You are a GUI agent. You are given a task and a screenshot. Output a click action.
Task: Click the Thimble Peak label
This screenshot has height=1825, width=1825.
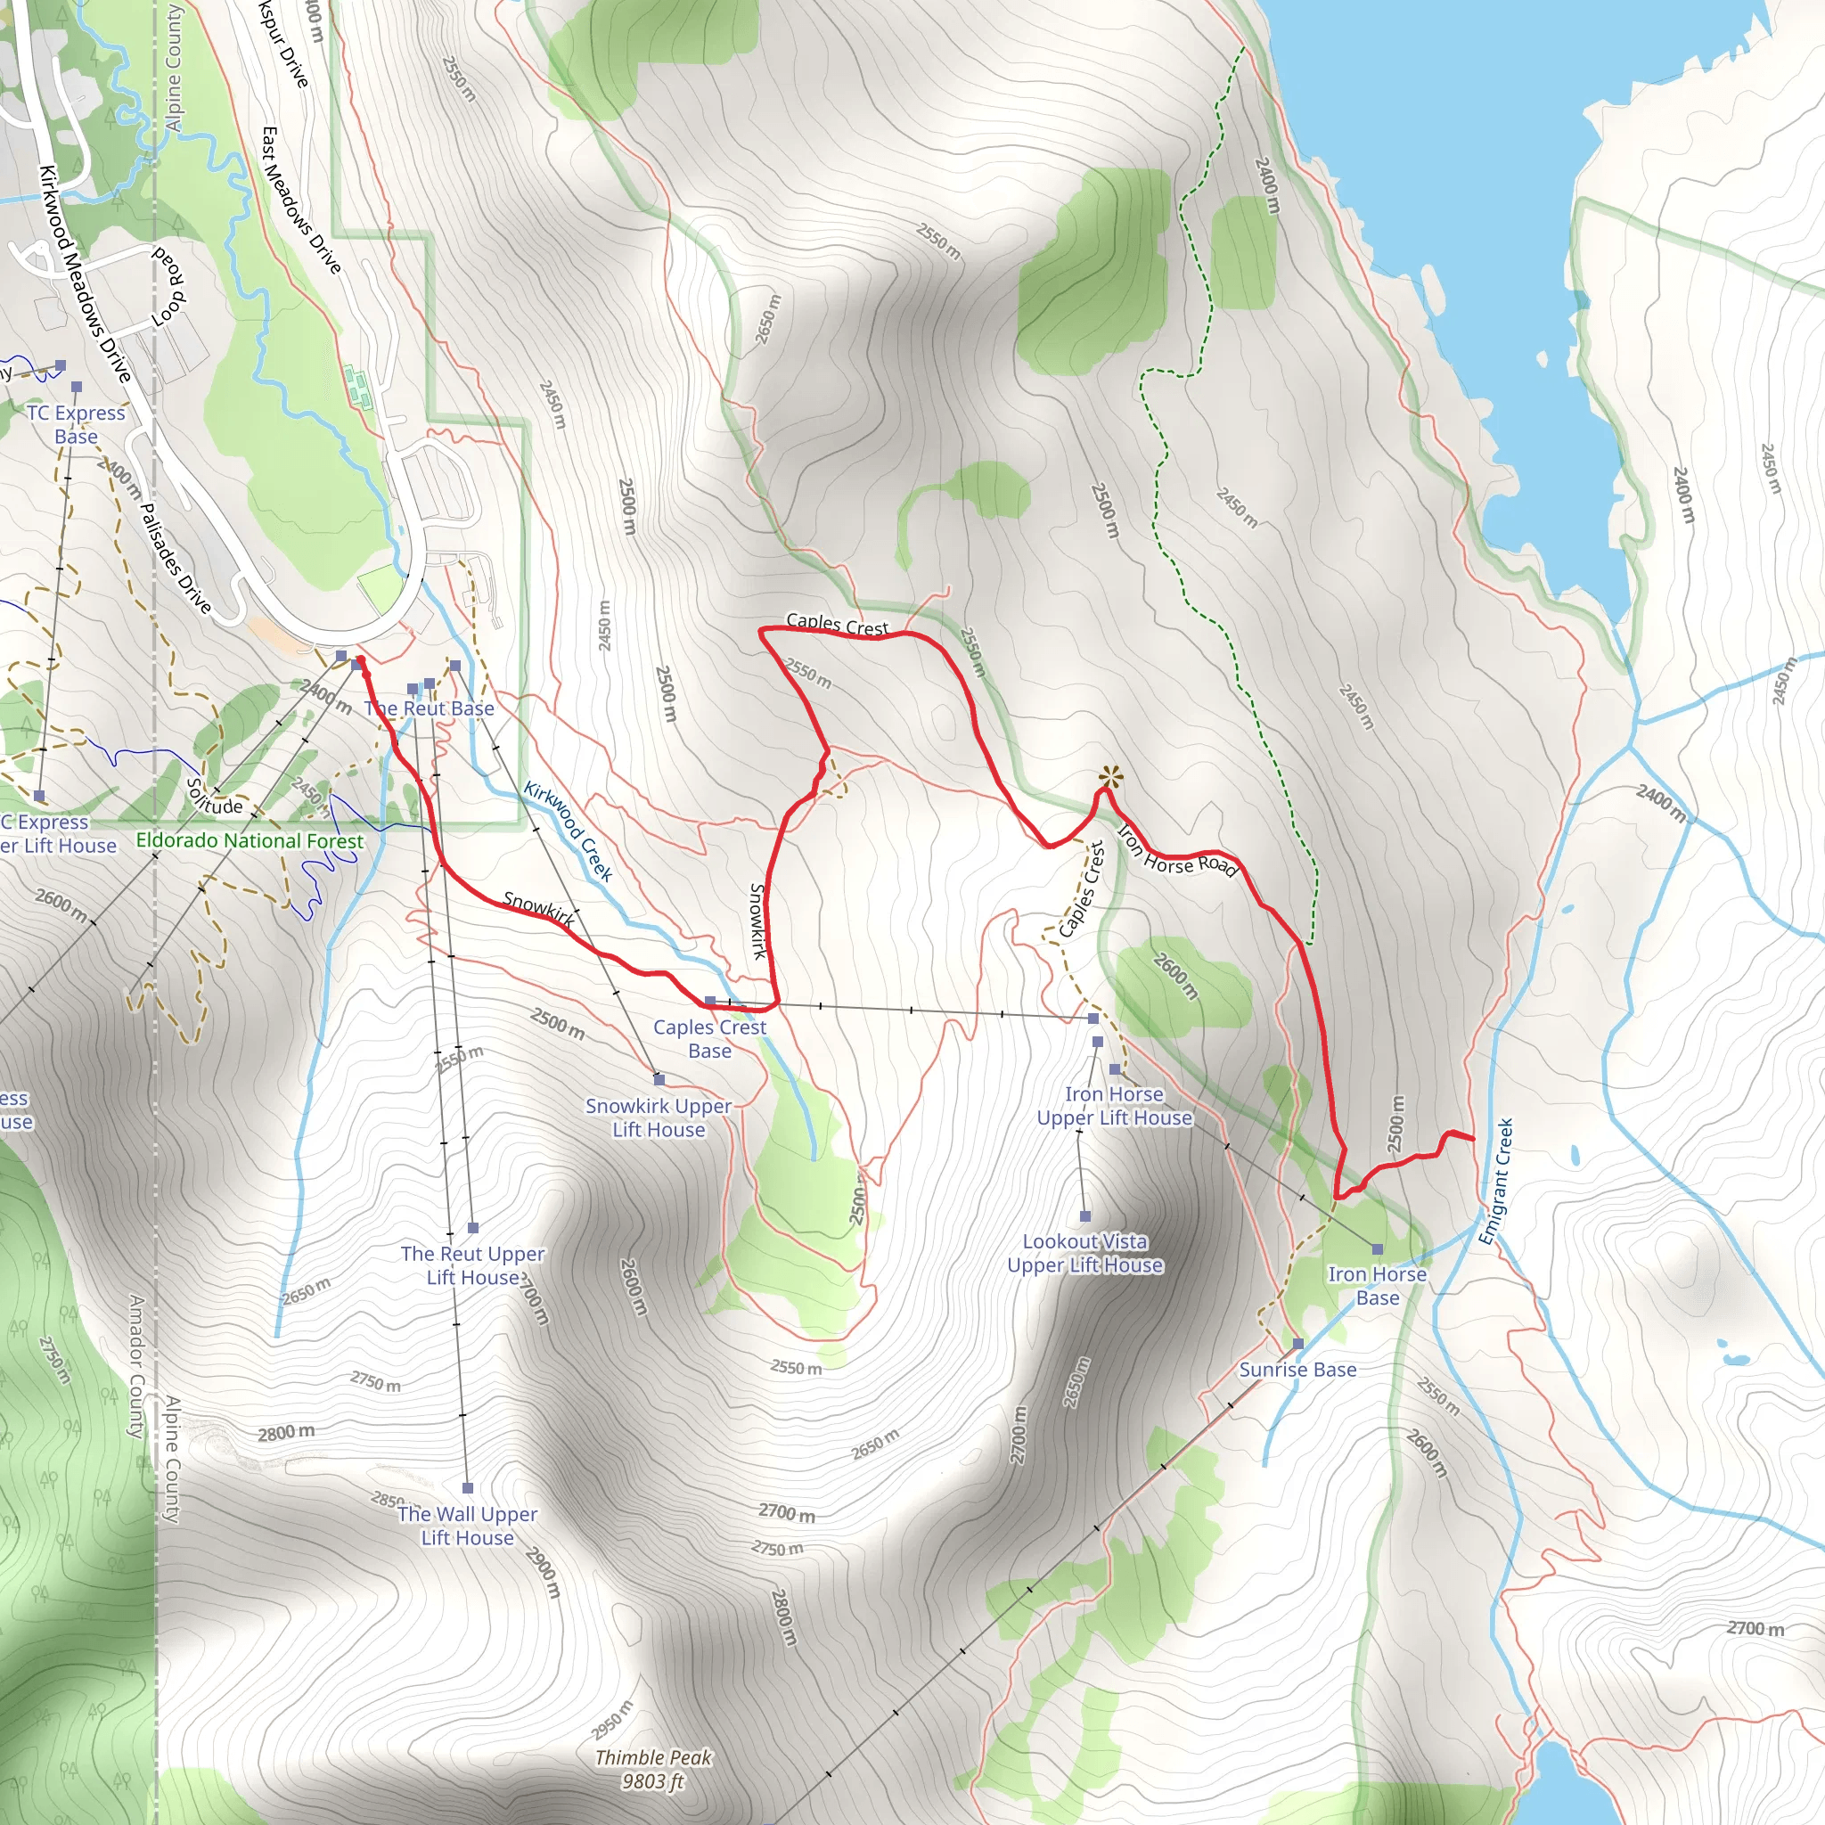[x=652, y=1769]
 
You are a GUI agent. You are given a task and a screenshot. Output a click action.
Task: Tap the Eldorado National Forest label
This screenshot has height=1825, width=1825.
[x=250, y=839]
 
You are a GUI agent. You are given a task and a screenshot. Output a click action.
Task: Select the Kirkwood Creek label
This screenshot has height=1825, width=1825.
[x=568, y=831]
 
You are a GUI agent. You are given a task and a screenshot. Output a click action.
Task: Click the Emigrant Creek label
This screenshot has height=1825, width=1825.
[x=1495, y=1182]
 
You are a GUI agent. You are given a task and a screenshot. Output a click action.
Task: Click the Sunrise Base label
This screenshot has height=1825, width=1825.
[x=1297, y=1370]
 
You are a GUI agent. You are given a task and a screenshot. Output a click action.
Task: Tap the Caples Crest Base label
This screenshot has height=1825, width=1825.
[x=709, y=1038]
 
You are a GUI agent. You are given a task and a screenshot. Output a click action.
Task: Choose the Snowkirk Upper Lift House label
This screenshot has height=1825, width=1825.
[x=659, y=1117]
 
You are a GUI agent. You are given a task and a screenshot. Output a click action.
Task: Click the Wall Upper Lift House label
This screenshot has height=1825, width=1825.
[x=468, y=1526]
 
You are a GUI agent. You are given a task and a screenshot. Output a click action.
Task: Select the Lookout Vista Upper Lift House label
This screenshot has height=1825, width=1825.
[x=1084, y=1254]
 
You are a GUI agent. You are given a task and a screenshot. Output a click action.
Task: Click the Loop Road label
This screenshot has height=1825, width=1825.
[x=169, y=288]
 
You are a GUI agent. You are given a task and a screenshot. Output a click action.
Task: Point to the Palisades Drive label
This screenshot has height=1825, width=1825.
[x=175, y=557]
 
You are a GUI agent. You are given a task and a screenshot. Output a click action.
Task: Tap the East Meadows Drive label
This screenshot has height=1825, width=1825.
[x=300, y=201]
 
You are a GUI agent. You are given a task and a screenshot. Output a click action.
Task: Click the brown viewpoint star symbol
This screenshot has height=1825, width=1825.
[x=1111, y=778]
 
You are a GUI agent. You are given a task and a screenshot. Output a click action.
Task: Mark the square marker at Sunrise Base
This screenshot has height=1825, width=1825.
[x=1297, y=1343]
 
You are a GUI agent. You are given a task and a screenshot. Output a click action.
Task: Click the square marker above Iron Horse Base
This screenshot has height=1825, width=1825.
[x=1378, y=1249]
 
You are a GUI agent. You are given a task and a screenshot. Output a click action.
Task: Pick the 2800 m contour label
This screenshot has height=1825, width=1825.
[x=286, y=1433]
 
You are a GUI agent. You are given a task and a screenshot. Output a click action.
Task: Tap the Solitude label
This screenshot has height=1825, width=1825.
[x=214, y=797]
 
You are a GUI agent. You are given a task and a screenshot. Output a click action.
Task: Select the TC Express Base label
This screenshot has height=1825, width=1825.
[x=76, y=424]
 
